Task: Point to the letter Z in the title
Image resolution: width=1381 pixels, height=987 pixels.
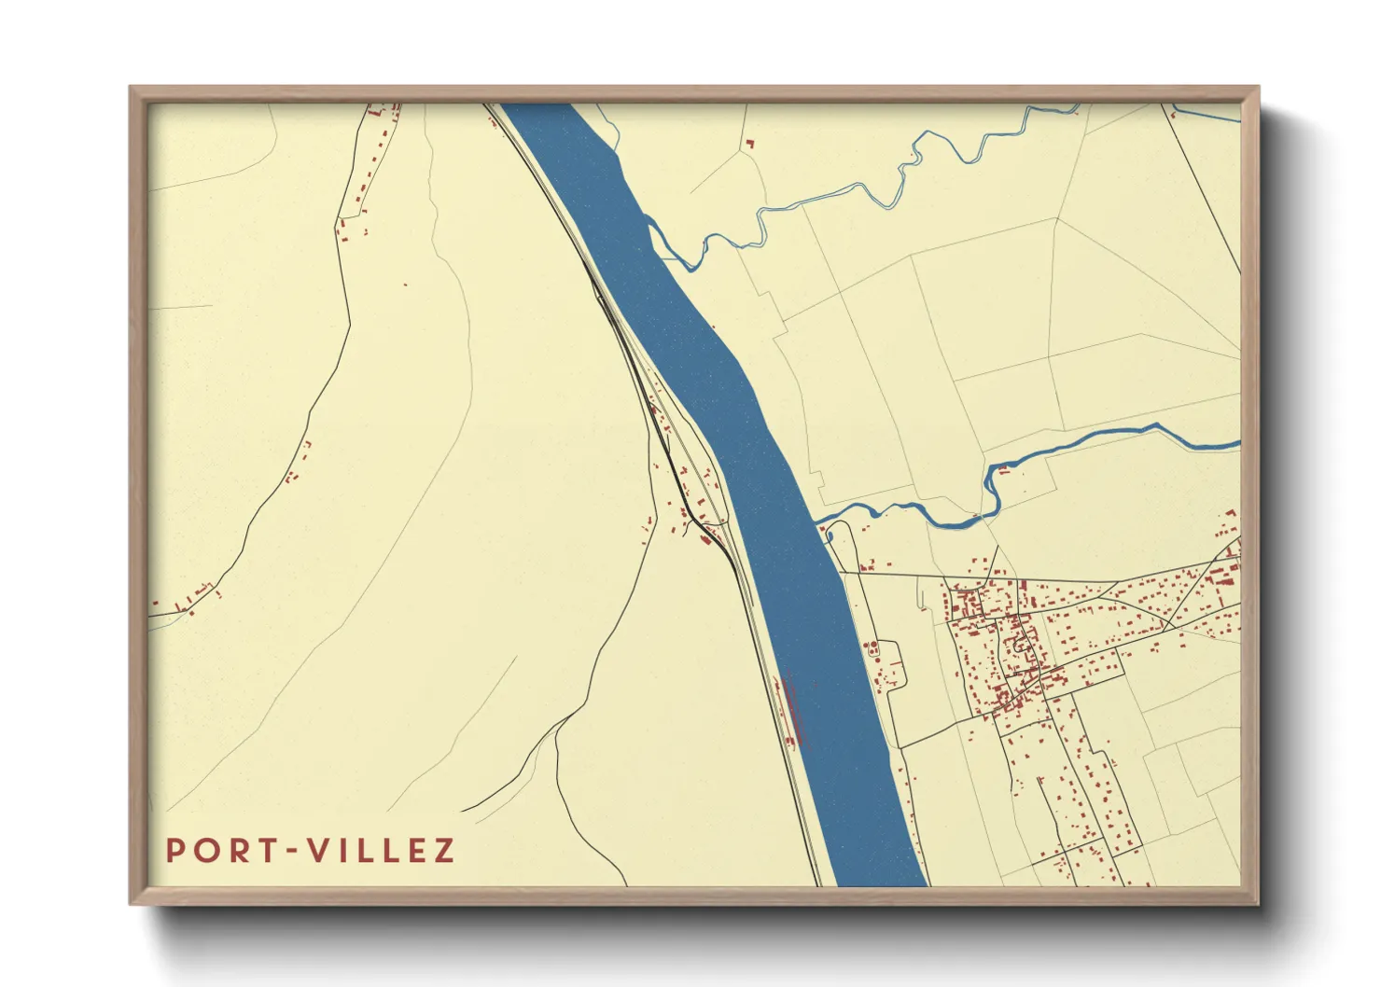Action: click(443, 851)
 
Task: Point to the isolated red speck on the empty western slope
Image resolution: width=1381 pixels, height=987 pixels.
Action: click(406, 285)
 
